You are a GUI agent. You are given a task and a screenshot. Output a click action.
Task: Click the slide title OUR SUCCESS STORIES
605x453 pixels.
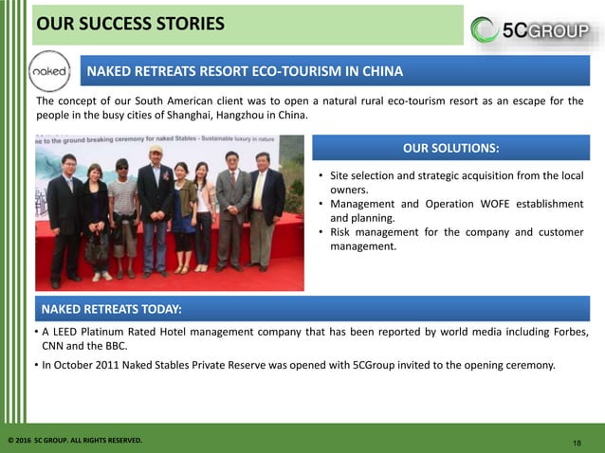(130, 23)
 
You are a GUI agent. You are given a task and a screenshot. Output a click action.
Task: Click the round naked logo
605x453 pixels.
(49, 72)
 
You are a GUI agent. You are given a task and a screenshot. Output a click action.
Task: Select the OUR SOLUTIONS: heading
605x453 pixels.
(450, 148)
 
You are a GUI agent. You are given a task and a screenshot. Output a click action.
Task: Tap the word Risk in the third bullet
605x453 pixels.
(341, 232)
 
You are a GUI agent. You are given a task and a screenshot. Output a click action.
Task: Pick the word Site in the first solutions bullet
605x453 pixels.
(340, 176)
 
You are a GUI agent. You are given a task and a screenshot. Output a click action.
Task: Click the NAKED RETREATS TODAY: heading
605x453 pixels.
(111, 309)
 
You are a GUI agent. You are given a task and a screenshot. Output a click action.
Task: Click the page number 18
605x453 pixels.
(577, 443)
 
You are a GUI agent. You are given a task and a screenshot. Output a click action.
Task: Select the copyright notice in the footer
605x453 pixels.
(75, 441)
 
